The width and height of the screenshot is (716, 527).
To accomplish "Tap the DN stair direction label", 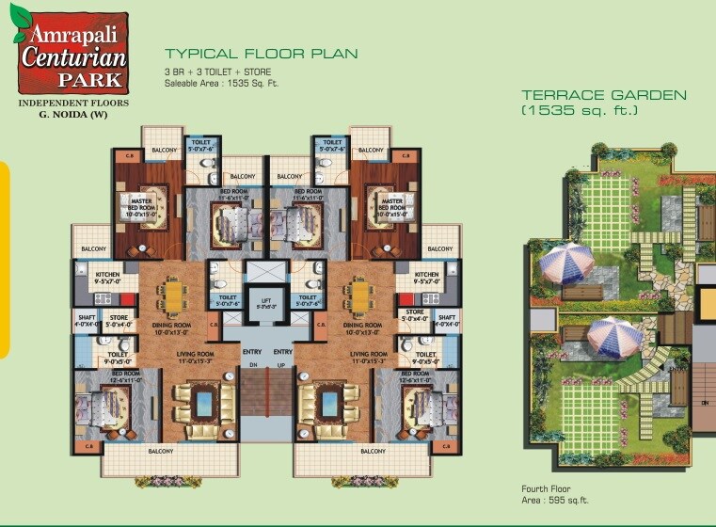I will tap(253, 365).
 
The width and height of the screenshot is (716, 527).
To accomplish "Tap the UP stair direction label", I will tap(281, 365).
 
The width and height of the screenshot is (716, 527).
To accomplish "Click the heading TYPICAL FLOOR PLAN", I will tap(261, 55).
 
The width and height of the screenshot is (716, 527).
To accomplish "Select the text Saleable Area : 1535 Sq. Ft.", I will tap(221, 83).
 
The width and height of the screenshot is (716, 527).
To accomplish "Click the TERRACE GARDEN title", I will tap(604, 95).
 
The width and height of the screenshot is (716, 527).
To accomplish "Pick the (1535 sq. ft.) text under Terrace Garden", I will tap(580, 111).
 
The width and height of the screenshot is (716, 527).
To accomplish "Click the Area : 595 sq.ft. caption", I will tap(555, 500).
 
